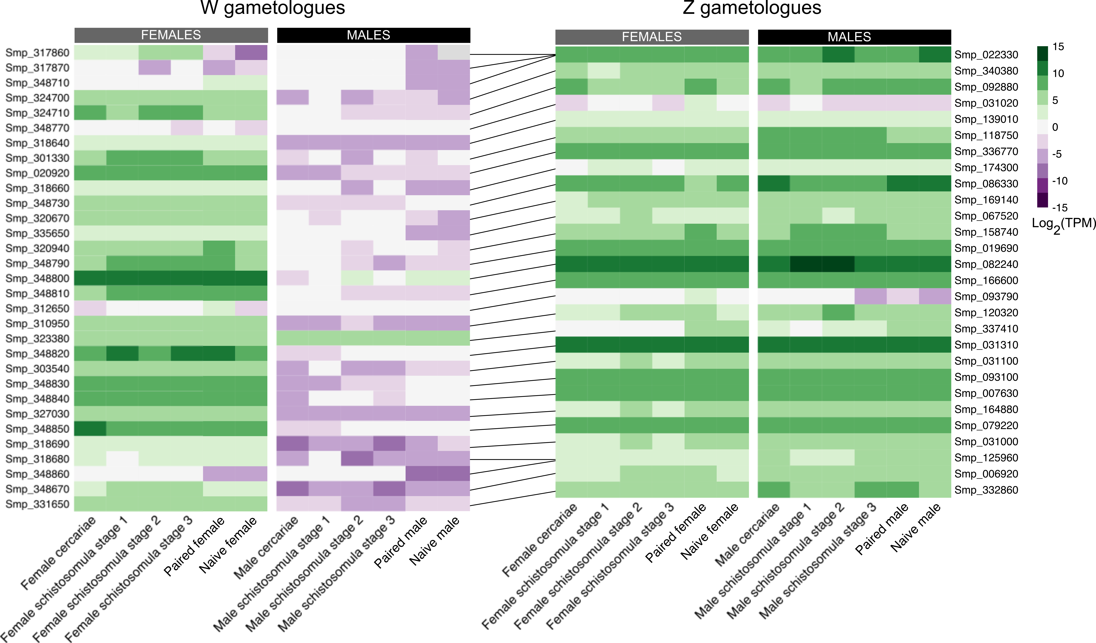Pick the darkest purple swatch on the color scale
click(1043, 200)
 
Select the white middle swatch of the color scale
click(1043, 127)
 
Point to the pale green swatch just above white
click(1043, 112)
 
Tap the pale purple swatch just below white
click(1043, 141)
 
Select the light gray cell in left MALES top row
click(454, 52)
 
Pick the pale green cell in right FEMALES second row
click(604, 71)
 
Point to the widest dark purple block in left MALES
click(438, 473)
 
